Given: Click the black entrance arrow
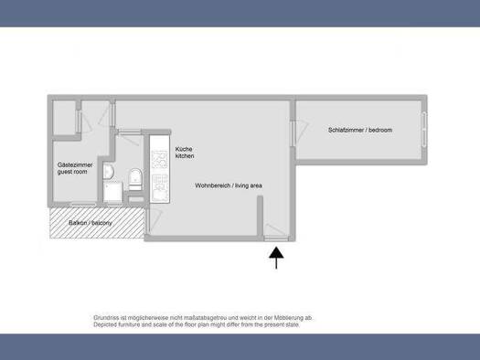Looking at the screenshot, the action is click(276, 258).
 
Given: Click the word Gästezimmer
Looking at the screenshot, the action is click(75, 164).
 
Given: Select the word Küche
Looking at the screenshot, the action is click(184, 149).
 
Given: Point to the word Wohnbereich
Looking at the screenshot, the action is click(212, 185).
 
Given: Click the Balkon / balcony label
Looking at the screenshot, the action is click(91, 223).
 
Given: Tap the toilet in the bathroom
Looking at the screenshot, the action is click(135, 179).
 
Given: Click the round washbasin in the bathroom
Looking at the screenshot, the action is click(108, 171).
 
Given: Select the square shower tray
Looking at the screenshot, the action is click(113, 193).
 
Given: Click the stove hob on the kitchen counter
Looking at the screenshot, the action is click(160, 160).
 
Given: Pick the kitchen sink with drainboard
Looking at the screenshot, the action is click(160, 187).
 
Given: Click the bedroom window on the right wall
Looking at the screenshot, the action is click(424, 130).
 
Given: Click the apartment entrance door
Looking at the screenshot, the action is click(276, 232).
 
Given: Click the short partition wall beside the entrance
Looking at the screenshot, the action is click(260, 217).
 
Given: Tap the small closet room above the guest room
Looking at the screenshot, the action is click(64, 118).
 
